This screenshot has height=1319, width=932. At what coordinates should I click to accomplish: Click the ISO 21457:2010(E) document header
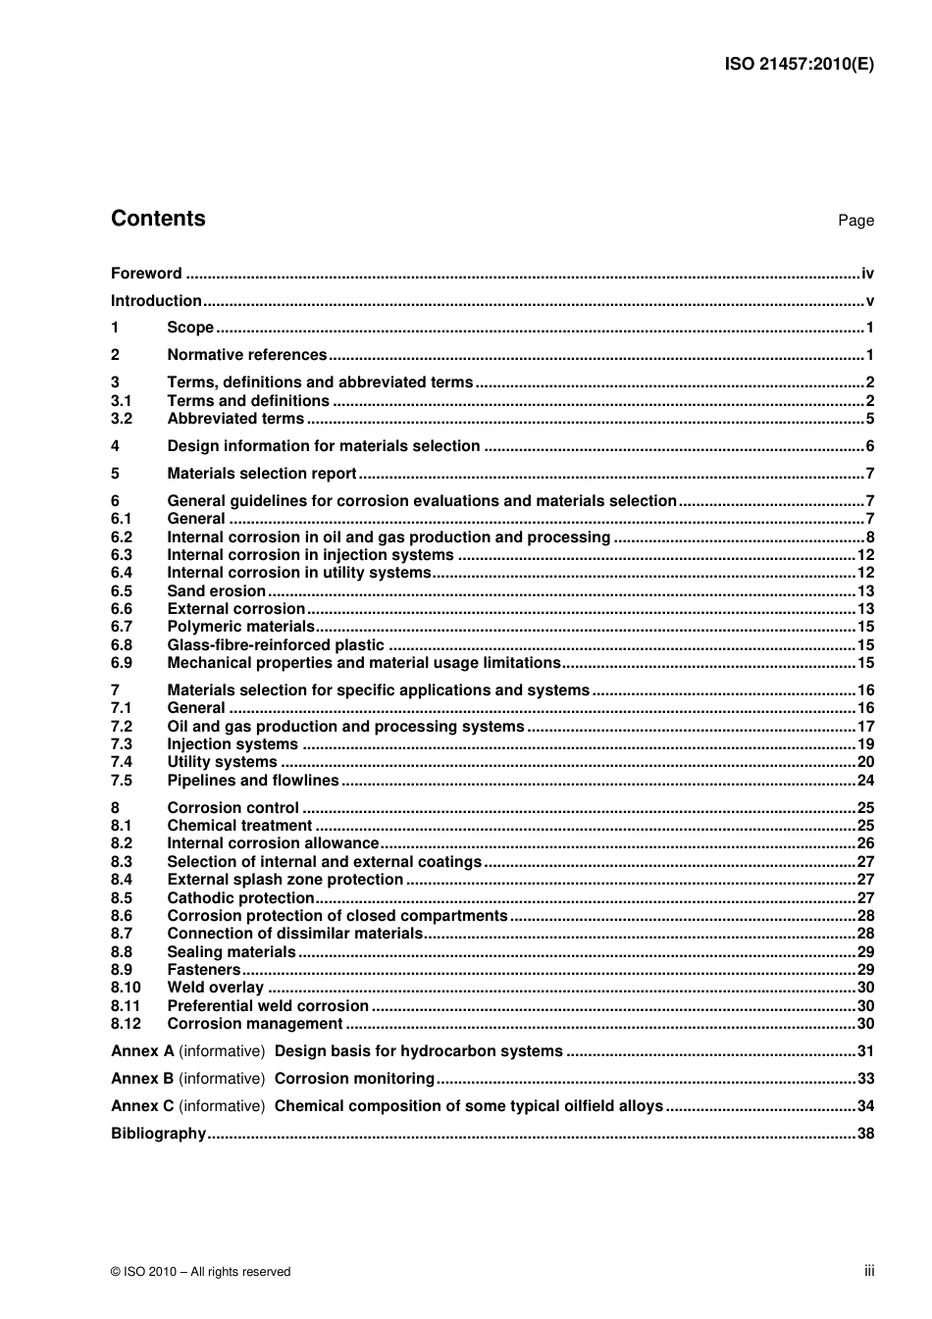coord(799,65)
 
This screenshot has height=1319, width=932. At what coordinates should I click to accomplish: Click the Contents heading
coord(158,219)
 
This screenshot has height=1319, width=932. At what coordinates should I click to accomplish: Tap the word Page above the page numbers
coord(855,221)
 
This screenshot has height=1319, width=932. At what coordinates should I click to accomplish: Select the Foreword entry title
coord(146,274)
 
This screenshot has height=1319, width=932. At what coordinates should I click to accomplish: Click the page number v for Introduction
coord(869,301)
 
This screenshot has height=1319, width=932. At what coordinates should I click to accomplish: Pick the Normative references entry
coord(246,355)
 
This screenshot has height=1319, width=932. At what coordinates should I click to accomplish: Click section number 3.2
coord(122,419)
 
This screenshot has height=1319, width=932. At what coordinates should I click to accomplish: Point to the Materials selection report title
coord(261,474)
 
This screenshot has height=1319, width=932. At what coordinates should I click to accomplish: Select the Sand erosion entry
coord(216,591)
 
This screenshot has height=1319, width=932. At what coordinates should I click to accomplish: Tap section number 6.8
coord(122,645)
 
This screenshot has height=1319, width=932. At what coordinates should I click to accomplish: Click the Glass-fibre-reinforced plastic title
coord(276,645)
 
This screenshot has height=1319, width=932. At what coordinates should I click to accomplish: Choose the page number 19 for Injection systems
coord(865,744)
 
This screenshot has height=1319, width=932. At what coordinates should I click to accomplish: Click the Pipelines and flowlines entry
coord(252,781)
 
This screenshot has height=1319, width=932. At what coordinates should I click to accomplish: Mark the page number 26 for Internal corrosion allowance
coord(865,843)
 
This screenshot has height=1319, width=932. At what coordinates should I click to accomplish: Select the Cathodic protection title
coord(240,898)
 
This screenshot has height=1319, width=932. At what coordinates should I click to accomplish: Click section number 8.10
coord(126,988)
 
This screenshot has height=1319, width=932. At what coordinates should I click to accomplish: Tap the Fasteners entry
coord(203,970)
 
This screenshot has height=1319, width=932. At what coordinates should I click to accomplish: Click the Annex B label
coord(142,1079)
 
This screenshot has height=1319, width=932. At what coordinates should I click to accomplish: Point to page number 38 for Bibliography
coord(865,1134)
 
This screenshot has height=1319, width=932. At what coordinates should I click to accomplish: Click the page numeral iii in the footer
coord(869,1271)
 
